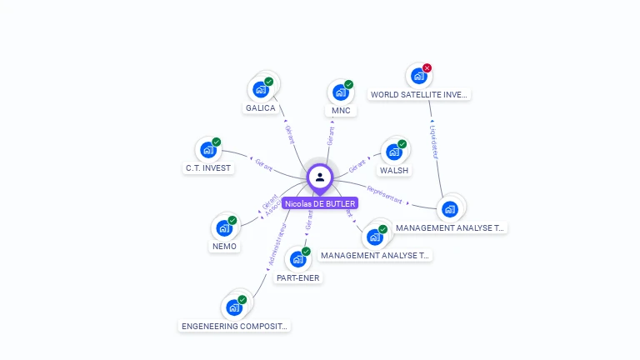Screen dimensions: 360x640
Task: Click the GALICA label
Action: pyautogui.click(x=260, y=108)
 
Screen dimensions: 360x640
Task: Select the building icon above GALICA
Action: pyautogui.click(x=260, y=88)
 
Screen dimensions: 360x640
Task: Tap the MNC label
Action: pyautogui.click(x=341, y=111)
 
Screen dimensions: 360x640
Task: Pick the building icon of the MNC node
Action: pyautogui.click(x=340, y=92)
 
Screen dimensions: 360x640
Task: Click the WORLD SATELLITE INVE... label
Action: pyautogui.click(x=420, y=95)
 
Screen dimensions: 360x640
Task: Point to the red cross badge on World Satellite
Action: pyautogui.click(x=427, y=68)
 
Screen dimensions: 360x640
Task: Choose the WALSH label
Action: pyautogui.click(x=394, y=171)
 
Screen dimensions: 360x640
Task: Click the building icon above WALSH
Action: pyautogui.click(x=393, y=152)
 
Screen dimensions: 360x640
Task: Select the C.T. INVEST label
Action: pyautogui.click(x=207, y=167)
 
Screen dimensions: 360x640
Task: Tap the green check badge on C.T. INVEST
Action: pyautogui.click(x=217, y=142)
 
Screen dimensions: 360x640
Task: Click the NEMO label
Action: pyautogui.click(x=224, y=246)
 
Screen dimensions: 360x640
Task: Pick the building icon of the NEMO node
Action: pyautogui.click(x=223, y=227)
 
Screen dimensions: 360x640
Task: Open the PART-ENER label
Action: pyautogui.click(x=297, y=277)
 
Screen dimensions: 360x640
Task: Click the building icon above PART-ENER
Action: pyautogui.click(x=297, y=259)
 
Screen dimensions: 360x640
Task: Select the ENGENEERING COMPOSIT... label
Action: pyautogui.click(x=235, y=326)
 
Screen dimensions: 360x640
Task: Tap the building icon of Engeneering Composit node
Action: pyautogui.click(x=234, y=307)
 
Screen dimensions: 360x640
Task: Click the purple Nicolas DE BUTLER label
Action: pyautogui.click(x=320, y=203)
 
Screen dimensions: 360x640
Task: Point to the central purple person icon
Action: pyautogui.click(x=320, y=177)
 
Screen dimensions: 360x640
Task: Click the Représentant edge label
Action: pyautogui.click(x=385, y=196)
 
